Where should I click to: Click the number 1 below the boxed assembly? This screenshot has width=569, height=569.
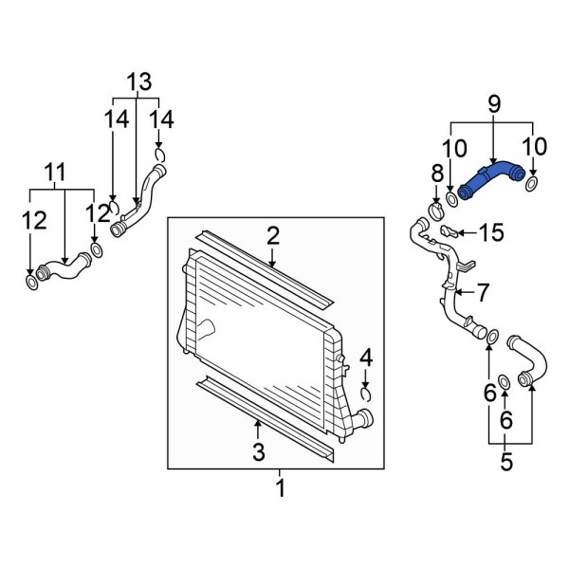coord(280,489)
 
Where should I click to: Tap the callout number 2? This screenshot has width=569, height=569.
coord(272,235)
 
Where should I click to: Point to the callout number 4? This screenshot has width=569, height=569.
coord(366,358)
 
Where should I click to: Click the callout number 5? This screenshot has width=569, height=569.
coord(505,463)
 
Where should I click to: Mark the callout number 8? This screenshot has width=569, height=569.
coord(437,173)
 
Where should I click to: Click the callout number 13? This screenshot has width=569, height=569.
coord(139,83)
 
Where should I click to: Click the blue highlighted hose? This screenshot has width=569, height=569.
coord(491,180)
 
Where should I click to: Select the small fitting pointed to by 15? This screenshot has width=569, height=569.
coord(451,231)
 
